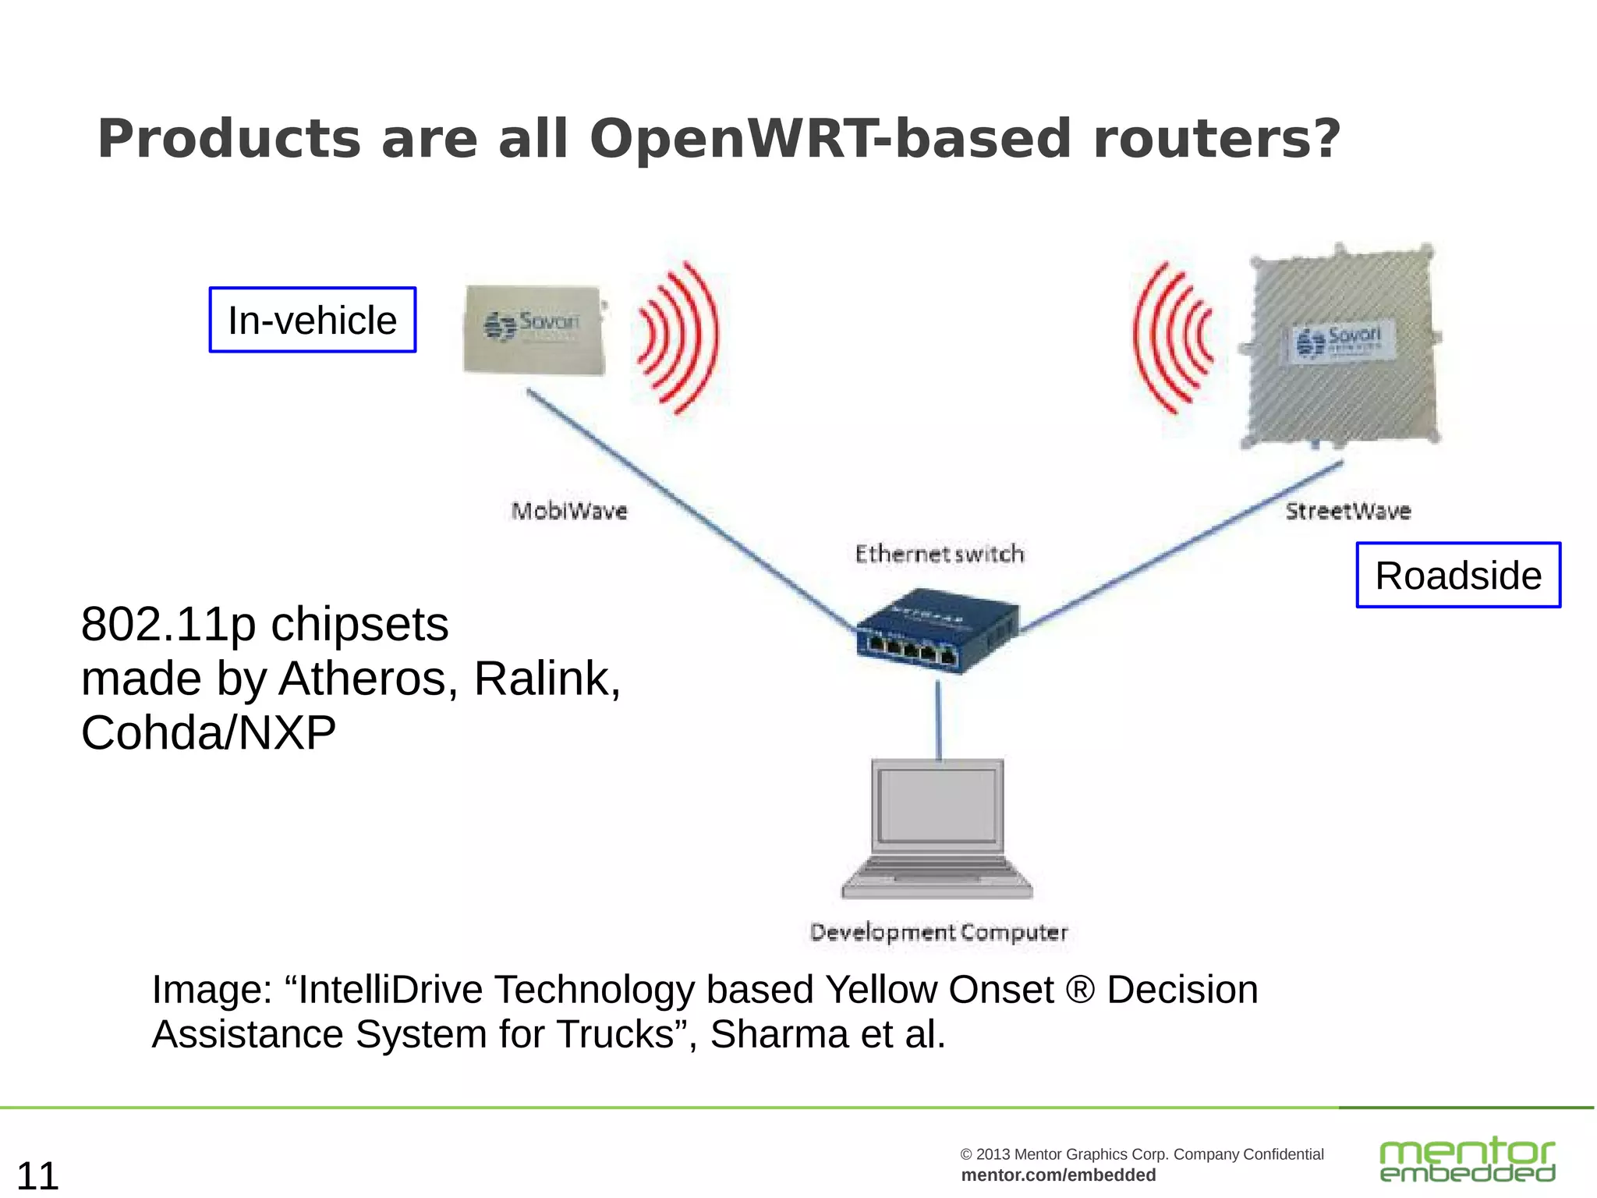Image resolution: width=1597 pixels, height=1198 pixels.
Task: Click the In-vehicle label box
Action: [x=312, y=320]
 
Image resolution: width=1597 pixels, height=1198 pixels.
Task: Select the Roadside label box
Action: [x=1458, y=575]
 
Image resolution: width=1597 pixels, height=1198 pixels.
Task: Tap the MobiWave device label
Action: [x=569, y=511]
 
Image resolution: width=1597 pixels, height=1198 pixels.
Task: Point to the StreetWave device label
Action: [x=1347, y=511]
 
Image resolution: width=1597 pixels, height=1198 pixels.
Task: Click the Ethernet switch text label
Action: [x=939, y=554]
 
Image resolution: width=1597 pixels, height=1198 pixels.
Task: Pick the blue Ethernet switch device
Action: [x=936, y=630]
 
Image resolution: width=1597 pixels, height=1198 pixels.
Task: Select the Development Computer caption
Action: [x=939, y=932]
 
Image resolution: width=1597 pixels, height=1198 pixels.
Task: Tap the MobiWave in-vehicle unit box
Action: [x=534, y=329]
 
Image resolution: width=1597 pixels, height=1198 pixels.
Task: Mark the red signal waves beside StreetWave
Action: [x=1174, y=337]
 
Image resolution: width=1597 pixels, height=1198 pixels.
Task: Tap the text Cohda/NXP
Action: [x=208, y=733]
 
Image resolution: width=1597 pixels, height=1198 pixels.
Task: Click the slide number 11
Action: [x=37, y=1175]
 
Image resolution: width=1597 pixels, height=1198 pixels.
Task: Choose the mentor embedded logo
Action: [x=1466, y=1160]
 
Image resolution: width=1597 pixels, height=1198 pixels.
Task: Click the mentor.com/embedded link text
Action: [x=1058, y=1175]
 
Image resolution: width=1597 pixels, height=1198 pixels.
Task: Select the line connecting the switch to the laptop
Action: [x=938, y=719]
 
